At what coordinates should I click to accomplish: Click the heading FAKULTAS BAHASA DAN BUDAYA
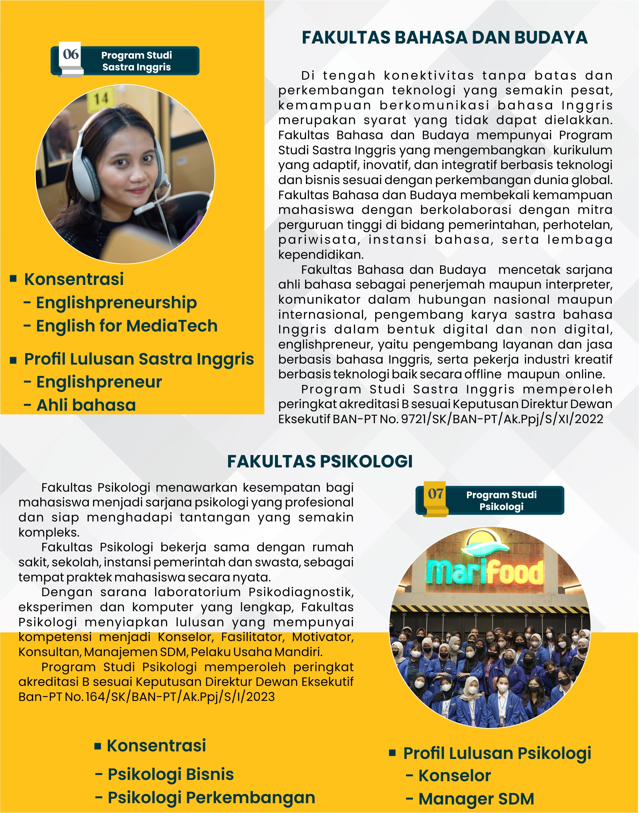click(x=444, y=37)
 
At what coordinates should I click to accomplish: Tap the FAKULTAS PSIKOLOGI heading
click(x=319, y=461)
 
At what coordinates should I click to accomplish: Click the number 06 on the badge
click(x=71, y=55)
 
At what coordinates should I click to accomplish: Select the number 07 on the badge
click(x=436, y=494)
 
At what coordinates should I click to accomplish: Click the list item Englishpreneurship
click(x=116, y=303)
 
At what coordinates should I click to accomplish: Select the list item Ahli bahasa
click(x=86, y=405)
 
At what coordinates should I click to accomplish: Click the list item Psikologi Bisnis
click(x=171, y=774)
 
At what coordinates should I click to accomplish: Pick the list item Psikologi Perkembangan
click(x=211, y=797)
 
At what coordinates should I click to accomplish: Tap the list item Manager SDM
click(x=476, y=799)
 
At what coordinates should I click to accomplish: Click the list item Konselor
click(x=454, y=776)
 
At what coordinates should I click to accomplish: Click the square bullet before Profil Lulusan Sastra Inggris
click(x=13, y=360)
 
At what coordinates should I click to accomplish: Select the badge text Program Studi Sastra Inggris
click(x=137, y=61)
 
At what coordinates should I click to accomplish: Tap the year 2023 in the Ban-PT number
click(x=261, y=697)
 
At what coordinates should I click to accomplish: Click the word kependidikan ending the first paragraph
click(x=320, y=255)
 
